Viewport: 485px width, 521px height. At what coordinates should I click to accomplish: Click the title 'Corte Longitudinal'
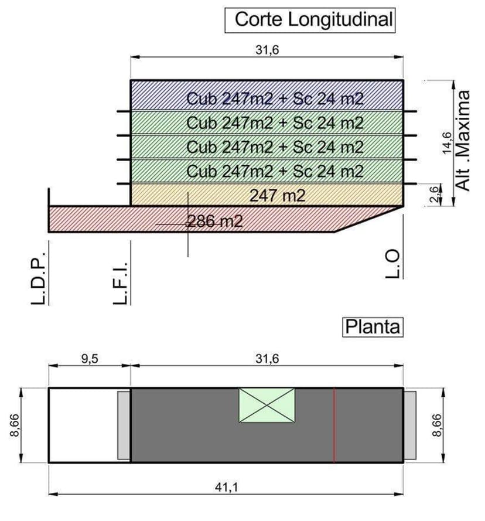[313, 19]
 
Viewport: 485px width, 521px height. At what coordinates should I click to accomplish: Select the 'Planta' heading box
[373, 326]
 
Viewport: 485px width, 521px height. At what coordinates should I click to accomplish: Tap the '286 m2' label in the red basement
[214, 221]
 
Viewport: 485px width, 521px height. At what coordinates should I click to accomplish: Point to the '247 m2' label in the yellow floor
[277, 196]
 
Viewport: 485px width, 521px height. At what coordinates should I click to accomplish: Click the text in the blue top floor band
[275, 99]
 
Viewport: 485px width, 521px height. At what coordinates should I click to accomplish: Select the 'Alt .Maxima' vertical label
[463, 141]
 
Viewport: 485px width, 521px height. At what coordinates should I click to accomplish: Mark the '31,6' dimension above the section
[267, 50]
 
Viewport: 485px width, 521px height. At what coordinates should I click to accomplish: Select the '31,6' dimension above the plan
[267, 359]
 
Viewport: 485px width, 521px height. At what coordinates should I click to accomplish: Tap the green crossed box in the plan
[267, 405]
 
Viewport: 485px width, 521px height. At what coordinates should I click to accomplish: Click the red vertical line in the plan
[334, 425]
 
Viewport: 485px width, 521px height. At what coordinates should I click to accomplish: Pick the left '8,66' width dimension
[15, 425]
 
